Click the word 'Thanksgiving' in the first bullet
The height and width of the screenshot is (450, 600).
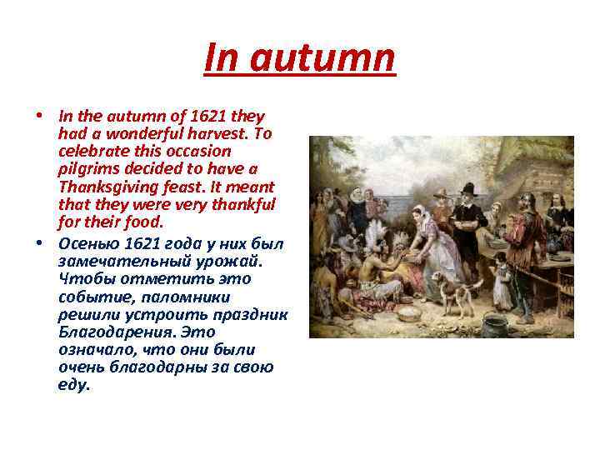[x=112, y=187]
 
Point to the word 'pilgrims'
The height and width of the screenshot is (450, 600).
[x=85, y=169]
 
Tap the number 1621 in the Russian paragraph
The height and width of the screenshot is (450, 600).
[x=145, y=243]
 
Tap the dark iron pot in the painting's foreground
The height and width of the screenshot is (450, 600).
[x=495, y=324]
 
